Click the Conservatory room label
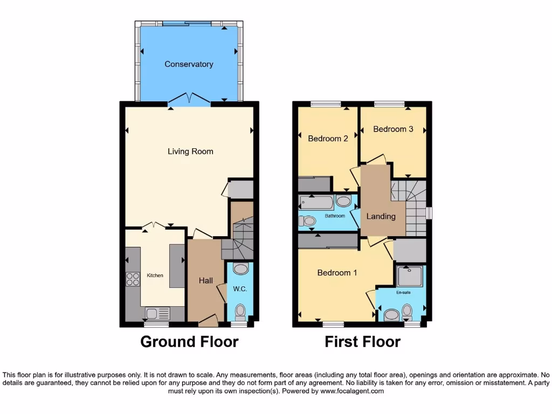pos(189,64)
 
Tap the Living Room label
pos(190,151)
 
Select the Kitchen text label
pos(155,275)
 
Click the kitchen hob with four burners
pos(133,279)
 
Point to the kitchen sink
pos(152,313)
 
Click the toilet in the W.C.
pos(240,311)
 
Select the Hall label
pos(205,281)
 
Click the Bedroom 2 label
pos(328,139)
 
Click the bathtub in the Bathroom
pos(316,203)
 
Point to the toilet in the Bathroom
pos(308,220)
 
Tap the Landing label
pos(381,216)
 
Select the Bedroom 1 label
pos(337,273)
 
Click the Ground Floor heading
pos(189,342)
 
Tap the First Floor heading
pos(362,342)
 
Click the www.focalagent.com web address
pos(353,391)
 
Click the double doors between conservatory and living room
pos(189,99)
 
